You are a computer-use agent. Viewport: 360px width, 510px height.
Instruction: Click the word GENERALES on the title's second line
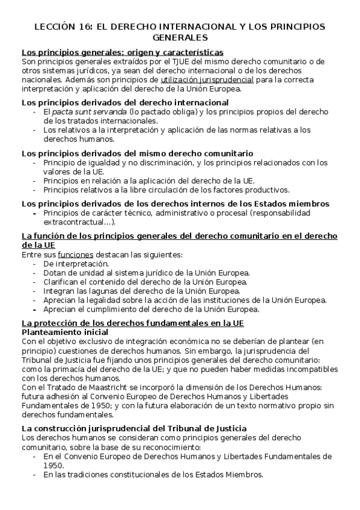coord(180,37)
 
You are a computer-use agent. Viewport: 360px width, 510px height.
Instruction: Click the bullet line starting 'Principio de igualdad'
coord(185,162)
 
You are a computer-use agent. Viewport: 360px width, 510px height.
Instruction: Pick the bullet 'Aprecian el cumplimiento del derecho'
coord(151,309)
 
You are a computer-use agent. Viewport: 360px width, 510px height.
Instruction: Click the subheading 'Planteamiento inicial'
coord(64,332)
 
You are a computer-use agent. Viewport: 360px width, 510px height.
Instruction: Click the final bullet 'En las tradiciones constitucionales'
coord(153,475)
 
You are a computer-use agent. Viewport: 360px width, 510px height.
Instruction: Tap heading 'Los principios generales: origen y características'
coord(122,52)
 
